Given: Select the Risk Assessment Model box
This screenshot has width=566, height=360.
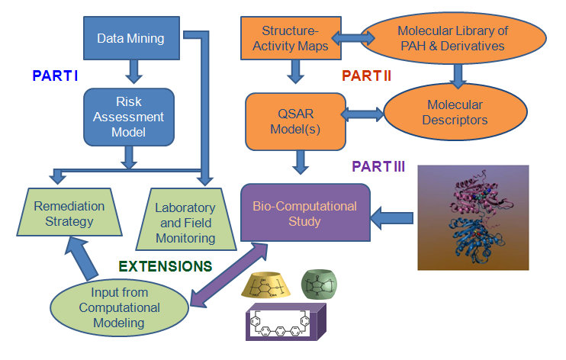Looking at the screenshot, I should (130, 115).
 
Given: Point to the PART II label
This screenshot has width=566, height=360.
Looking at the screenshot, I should (367, 76).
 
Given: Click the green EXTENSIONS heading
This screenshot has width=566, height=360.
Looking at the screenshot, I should (166, 267).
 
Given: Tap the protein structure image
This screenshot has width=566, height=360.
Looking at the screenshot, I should (473, 217).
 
